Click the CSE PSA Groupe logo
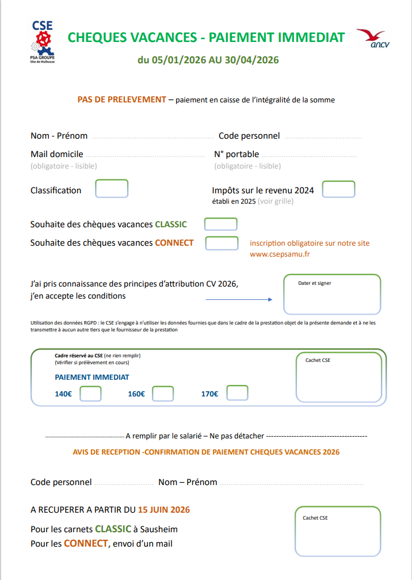pos(42,41)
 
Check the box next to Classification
pos(112,189)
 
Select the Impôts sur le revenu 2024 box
pos(338,189)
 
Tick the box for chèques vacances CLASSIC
pos(220,224)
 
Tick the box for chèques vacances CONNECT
pos(222,243)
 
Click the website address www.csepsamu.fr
pos(280,254)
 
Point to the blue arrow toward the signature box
pos(239,300)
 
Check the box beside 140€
pos(90,394)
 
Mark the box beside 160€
pos(163,394)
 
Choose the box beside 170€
pos(237,393)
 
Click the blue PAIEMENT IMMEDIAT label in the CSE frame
pos(92,377)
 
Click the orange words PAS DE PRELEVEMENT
pos(121,100)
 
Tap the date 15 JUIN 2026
pos(164,510)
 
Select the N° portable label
pos(236,154)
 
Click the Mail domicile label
pos(57,154)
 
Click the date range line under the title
pos(208,60)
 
